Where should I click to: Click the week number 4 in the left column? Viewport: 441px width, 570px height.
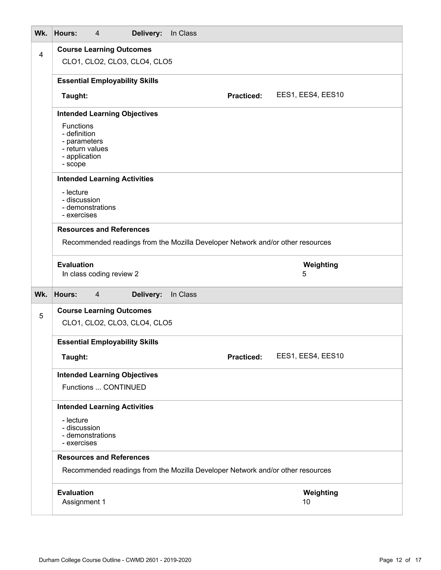[41, 55]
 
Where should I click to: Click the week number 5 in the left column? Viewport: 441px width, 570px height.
[41, 316]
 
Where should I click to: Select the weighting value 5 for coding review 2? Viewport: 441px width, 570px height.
[304, 274]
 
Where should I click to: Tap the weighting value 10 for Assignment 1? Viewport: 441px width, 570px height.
[306, 502]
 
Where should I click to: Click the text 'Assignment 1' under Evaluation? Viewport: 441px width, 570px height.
[84, 502]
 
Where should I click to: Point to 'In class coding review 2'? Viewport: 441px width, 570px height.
[100, 274]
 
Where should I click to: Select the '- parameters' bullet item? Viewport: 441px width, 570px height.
[82, 141]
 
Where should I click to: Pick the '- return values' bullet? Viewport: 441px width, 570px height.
[85, 149]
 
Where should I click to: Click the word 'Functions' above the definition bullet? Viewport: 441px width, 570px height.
[78, 126]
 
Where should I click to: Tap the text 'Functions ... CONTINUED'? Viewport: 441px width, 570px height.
[104, 387]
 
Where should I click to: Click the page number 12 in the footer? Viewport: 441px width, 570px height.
[399, 560]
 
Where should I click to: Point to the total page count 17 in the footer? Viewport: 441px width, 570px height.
[418, 560]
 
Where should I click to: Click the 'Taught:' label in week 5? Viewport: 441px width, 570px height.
[75, 357]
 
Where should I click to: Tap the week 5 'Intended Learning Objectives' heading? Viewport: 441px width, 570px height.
[107, 375]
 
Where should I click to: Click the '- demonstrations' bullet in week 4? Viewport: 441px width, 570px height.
[89, 208]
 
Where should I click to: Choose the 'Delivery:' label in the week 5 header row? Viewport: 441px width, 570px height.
[147, 295]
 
